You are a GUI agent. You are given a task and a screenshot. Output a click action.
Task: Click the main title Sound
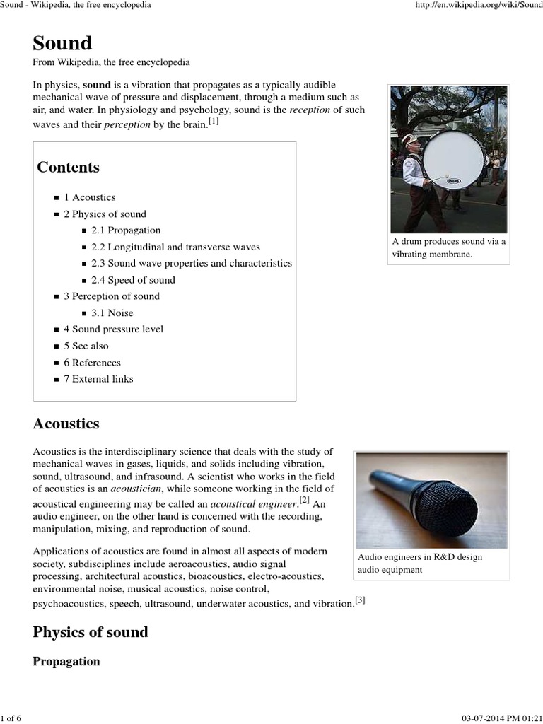[62, 43]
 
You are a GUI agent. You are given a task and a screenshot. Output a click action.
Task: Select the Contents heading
[68, 168]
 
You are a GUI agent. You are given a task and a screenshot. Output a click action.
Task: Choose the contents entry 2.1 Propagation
[125, 230]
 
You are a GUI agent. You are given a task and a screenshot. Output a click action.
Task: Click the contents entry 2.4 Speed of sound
[132, 280]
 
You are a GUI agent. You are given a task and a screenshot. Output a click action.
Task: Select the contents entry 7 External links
[98, 379]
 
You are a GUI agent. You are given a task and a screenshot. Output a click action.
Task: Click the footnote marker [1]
[214, 122]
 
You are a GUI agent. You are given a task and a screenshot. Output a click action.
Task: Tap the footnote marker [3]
[360, 601]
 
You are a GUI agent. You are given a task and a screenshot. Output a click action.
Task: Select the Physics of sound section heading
[90, 632]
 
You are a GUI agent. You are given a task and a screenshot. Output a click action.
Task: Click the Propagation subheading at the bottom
[66, 662]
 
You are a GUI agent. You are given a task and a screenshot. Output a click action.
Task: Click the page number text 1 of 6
[11, 718]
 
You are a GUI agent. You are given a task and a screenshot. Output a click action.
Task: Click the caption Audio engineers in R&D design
[420, 557]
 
